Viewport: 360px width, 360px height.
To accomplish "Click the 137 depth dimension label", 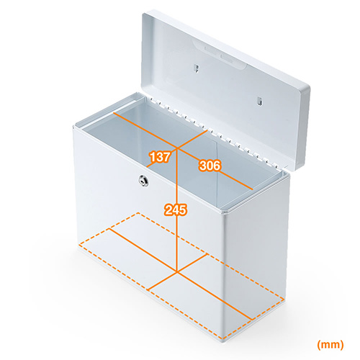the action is point(160,157).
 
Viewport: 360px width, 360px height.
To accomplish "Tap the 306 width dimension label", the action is point(210,166).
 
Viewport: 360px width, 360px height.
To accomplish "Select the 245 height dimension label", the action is point(176,210).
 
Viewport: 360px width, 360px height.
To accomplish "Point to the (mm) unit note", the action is point(330,345).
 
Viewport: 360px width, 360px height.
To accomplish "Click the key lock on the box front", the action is point(144,181).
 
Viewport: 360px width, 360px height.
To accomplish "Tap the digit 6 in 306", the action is point(216,166).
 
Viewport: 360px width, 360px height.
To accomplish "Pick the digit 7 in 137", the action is point(166,157).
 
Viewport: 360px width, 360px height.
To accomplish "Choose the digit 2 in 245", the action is point(168,210).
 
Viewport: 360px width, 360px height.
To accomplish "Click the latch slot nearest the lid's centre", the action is point(197,68).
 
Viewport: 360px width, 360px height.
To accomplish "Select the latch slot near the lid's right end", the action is point(259,101).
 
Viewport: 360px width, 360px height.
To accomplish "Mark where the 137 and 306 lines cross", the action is point(177,148).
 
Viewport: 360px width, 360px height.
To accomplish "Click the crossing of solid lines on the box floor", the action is point(177,272).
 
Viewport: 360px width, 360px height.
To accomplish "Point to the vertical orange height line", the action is point(177,210).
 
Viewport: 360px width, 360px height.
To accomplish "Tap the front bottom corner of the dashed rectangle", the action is point(222,338).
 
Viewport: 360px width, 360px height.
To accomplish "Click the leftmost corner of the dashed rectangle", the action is point(79,246).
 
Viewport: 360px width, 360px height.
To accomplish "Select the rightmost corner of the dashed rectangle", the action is point(284,298).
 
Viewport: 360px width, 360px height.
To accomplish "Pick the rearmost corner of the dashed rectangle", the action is point(138,213).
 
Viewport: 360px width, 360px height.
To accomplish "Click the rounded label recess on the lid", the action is point(219,54).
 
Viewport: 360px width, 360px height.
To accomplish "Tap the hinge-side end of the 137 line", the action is point(207,131).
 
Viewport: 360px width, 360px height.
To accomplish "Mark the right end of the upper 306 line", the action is point(253,189).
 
